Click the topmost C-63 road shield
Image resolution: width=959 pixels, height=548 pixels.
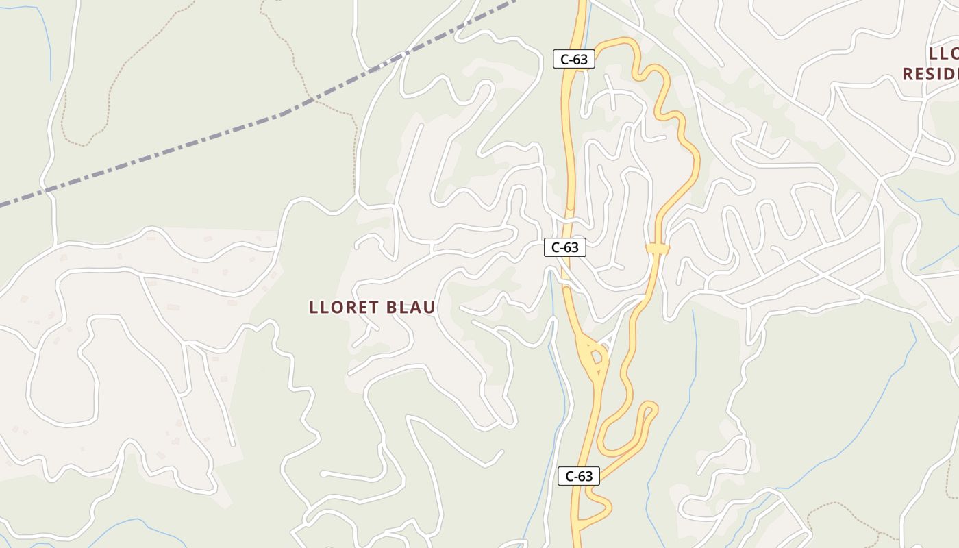(574, 60)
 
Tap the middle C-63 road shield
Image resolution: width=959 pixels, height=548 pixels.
(565, 247)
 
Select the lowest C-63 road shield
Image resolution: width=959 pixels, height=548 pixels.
(579, 476)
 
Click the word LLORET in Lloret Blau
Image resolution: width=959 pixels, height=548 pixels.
(345, 308)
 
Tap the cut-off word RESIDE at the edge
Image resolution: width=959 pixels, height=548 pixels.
(930, 74)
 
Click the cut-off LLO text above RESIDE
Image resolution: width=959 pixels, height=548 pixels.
(944, 54)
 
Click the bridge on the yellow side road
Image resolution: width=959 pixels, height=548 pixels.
(657, 249)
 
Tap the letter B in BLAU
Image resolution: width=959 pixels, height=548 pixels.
(393, 308)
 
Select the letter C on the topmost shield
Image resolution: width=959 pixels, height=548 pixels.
(564, 60)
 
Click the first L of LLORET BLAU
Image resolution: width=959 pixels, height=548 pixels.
(313, 308)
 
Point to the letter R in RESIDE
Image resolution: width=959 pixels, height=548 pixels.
(909, 74)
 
